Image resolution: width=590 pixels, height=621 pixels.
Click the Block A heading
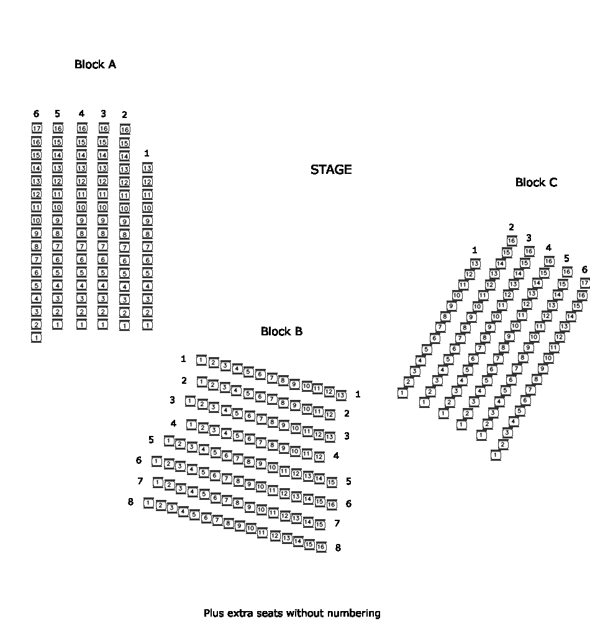tap(95, 65)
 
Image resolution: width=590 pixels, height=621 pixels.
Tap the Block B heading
tap(281, 332)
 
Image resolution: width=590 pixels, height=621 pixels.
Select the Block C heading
tap(536, 183)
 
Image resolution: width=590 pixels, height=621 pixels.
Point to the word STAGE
tap(331, 170)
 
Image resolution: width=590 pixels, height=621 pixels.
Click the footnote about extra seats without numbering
tap(292, 614)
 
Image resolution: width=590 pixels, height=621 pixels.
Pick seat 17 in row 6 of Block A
tap(37, 129)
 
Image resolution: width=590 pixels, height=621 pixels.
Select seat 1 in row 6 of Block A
tap(36, 337)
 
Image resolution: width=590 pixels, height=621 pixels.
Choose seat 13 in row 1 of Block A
tap(147, 168)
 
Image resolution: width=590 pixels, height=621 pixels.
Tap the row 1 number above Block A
tap(147, 153)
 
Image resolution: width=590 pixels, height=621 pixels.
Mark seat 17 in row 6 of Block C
tap(585, 283)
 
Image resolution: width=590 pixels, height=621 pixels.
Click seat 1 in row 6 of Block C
tap(496, 455)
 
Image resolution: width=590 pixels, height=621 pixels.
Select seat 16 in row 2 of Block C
tap(512, 241)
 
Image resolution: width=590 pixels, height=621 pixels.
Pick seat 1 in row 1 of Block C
tap(402, 392)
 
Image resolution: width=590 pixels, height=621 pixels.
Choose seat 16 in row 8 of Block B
tap(320, 547)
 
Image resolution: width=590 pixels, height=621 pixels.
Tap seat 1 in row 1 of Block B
tap(201, 360)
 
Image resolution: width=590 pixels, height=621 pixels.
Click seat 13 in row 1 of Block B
tap(341, 395)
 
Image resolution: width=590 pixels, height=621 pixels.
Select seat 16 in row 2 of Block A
tap(125, 129)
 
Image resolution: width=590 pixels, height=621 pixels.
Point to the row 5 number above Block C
tap(566, 258)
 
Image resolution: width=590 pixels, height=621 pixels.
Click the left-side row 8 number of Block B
tap(130, 502)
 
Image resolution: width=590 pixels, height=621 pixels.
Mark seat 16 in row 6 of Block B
tap(332, 504)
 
